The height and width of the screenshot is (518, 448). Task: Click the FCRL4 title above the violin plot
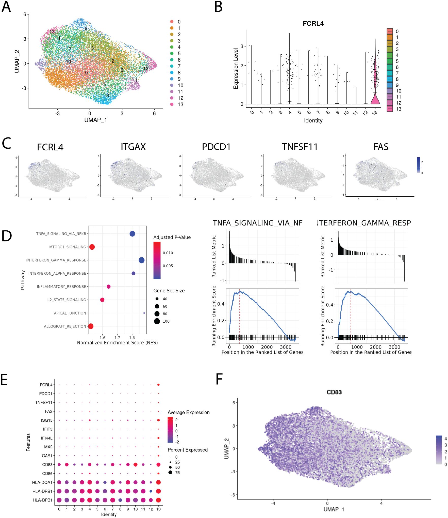coord(313,24)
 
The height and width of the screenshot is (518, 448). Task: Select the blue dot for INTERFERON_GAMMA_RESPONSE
coord(142,260)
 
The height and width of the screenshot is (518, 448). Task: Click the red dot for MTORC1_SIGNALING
coord(92,247)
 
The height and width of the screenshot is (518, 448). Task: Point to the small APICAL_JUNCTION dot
coord(144,313)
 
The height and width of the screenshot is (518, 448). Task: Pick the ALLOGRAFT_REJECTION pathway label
coord(65,326)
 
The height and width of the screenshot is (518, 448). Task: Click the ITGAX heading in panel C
coord(133,147)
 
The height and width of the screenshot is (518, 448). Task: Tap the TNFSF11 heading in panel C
coord(300,147)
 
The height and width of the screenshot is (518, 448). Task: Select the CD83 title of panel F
coord(334,392)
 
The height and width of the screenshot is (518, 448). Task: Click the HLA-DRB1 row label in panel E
coord(42,491)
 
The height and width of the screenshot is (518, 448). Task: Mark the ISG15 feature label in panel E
coord(47,420)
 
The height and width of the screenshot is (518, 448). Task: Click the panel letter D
coord(7,236)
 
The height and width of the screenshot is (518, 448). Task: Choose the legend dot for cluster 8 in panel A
coord(172,73)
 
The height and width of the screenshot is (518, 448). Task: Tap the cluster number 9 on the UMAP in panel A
coord(86,28)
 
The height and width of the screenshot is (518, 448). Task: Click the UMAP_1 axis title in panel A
coord(96,120)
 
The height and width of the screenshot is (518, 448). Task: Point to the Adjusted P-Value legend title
coord(172,237)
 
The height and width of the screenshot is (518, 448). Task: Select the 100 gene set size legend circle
coord(157,321)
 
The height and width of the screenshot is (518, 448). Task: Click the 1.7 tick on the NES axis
coord(117,338)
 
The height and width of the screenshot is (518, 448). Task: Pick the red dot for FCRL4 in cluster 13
coord(158,385)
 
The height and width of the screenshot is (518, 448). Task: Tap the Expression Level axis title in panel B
coord(236,69)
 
